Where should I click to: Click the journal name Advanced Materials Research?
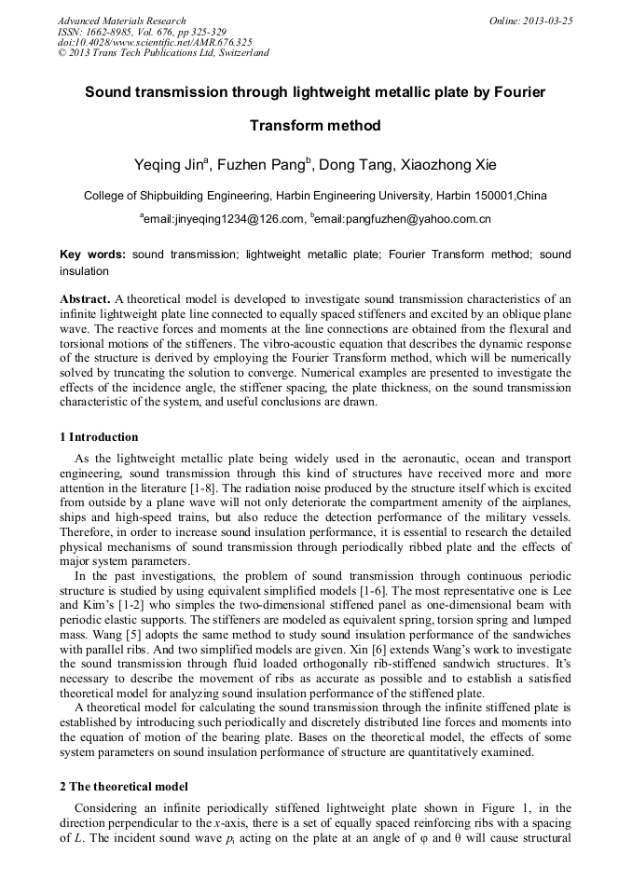tap(121, 21)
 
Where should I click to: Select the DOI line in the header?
tap(155, 42)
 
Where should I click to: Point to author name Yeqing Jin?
tap(173, 165)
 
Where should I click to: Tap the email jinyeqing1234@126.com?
tap(224, 220)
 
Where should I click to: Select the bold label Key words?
tap(92, 254)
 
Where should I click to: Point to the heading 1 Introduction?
tap(99, 437)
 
